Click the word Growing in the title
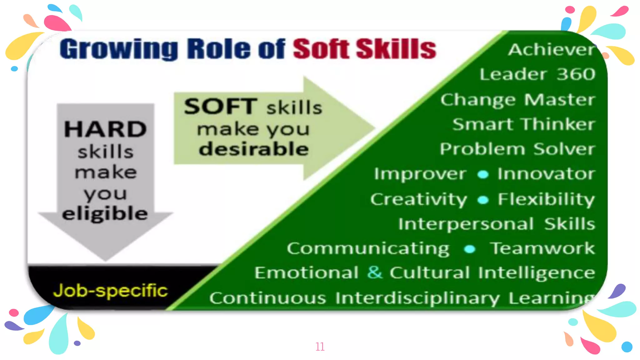click(119, 49)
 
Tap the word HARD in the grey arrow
click(105, 129)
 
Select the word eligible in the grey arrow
click(105, 214)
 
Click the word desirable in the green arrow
click(254, 149)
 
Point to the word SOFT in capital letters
click(221, 107)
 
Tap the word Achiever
click(551, 50)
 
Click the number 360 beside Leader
click(576, 74)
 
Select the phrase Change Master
click(518, 100)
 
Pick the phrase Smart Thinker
click(523, 124)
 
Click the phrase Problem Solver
click(517, 149)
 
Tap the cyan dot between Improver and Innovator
click(483, 174)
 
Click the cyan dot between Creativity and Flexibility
click(483, 200)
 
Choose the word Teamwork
click(542, 248)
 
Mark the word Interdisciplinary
click(417, 298)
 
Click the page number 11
click(320, 347)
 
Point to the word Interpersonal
click(466, 224)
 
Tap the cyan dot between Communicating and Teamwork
click(469, 249)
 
